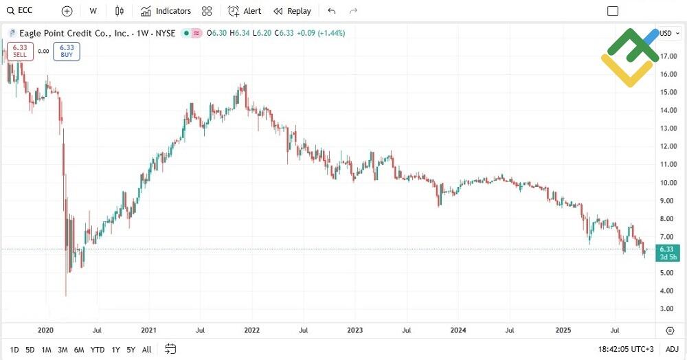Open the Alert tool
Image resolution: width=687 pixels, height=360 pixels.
(245, 11)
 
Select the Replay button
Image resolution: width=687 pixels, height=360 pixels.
(293, 11)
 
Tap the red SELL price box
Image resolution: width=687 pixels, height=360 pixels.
(20, 51)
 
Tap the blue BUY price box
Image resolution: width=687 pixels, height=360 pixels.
(67, 51)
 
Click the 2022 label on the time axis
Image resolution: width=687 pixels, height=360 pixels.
(251, 330)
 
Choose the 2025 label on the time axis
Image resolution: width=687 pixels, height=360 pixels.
(563, 330)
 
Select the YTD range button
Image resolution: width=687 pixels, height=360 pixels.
(98, 350)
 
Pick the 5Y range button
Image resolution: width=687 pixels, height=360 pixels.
(131, 350)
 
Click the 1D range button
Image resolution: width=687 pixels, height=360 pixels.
(14, 350)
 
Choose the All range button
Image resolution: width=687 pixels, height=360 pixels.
(146, 350)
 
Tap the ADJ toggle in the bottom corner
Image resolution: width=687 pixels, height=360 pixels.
(672, 350)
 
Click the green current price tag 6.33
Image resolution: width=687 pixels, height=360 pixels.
(666, 252)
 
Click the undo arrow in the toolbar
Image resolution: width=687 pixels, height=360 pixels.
(333, 11)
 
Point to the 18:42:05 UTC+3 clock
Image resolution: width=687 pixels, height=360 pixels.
(626, 350)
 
